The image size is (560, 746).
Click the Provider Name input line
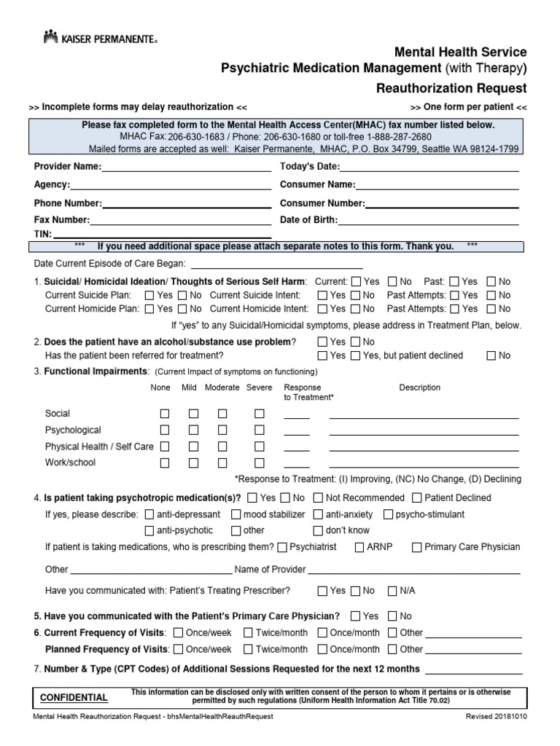186,168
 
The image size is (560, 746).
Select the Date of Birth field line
429,220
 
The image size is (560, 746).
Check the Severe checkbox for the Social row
259,414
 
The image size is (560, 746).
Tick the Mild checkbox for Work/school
193,463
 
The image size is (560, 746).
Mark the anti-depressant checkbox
149,514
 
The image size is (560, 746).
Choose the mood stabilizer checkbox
237,514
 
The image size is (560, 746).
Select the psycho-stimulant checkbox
388,514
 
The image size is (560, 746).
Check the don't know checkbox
318,530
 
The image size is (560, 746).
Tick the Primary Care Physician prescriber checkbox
417,547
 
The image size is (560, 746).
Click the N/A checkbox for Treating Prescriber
392,590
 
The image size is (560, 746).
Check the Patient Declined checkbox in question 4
417,498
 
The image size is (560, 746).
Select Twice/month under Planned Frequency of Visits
248,649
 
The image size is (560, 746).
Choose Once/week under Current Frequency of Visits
179,632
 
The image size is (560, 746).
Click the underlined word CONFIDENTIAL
74,697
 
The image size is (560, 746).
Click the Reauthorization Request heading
451,88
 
